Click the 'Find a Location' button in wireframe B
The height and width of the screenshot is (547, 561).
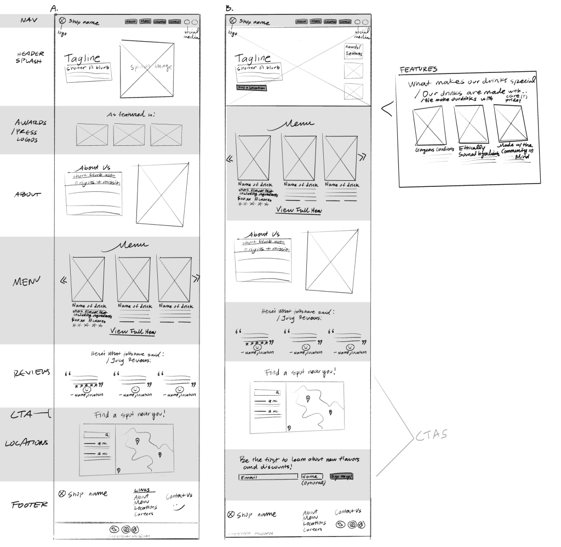point(251,87)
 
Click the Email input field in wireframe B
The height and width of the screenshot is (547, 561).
point(268,477)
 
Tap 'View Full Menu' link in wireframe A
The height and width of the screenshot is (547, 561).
point(133,332)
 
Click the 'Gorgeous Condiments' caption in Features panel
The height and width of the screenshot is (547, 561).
point(428,150)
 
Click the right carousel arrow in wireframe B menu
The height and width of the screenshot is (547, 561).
point(362,157)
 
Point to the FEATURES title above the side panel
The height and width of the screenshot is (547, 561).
point(418,70)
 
